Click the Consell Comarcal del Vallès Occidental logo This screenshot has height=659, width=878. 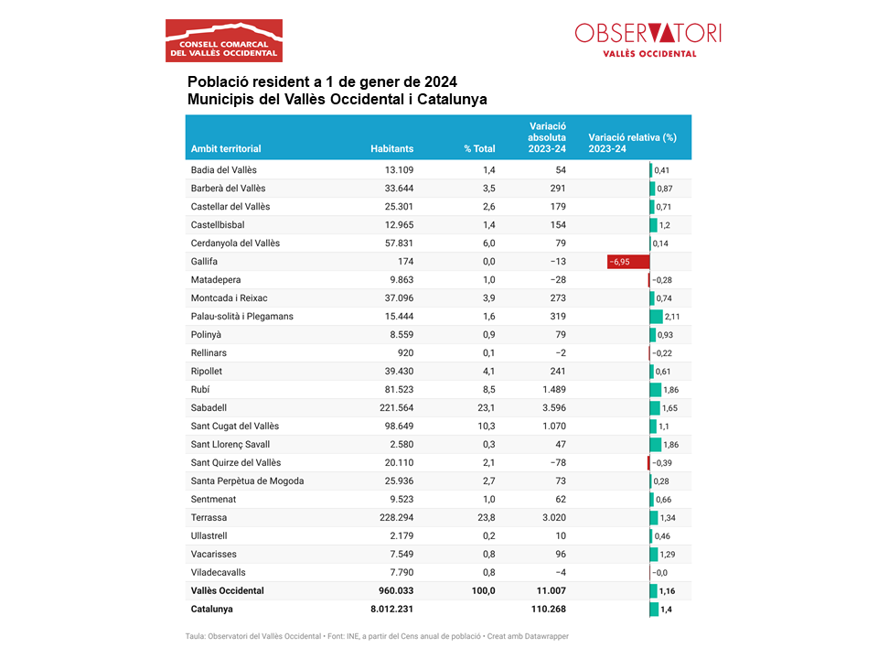click(x=224, y=40)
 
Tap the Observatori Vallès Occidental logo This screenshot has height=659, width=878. click(x=648, y=40)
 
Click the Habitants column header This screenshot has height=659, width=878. click(x=392, y=148)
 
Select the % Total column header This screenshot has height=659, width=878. click(x=479, y=148)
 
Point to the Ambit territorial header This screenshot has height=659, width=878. click(x=226, y=148)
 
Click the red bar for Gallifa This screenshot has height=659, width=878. click(x=628, y=262)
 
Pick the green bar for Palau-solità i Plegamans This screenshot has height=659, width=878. click(x=657, y=317)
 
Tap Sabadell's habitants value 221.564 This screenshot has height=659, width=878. click(x=397, y=408)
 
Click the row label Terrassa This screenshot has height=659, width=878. click(x=209, y=518)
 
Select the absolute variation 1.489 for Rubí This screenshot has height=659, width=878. click(x=554, y=390)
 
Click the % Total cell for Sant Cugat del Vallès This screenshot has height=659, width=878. click(x=486, y=426)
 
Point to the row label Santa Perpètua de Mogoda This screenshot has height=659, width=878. click(x=247, y=481)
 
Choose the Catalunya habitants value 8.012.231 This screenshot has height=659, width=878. click(x=391, y=610)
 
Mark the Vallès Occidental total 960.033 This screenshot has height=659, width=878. click(x=396, y=590)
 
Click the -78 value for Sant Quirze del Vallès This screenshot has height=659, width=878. click(x=557, y=463)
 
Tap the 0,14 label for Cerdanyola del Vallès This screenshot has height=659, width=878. click(x=660, y=243)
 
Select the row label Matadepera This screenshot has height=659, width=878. click(x=216, y=280)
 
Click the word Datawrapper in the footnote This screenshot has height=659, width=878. click(x=547, y=637)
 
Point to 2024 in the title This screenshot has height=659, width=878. click(x=441, y=81)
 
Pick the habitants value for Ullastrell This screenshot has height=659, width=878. click(x=402, y=535)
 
